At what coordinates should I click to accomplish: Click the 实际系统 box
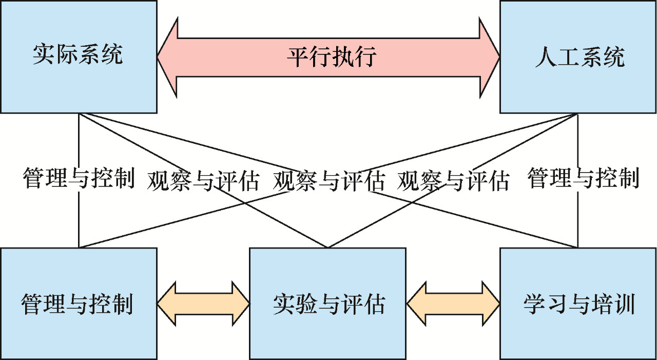coord(79,56)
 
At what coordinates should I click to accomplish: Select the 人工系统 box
coord(578,56)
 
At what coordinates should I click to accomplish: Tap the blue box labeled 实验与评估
coord(327,304)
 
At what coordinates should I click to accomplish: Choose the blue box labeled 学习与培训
coord(578,304)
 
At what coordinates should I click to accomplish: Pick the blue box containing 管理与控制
coord(79,304)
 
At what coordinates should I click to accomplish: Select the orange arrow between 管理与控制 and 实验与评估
coord(203,304)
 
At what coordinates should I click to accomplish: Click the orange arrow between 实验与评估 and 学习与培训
coord(453,304)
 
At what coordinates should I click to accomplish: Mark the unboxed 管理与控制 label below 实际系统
coord(79,178)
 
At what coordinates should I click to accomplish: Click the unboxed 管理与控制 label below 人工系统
coord(583,178)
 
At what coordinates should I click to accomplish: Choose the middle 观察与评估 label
coord(329,181)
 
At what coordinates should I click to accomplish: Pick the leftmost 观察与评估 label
coord(203,181)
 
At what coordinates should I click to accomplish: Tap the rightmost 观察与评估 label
coord(453,181)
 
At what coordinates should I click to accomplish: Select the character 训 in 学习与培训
coord(625,304)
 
